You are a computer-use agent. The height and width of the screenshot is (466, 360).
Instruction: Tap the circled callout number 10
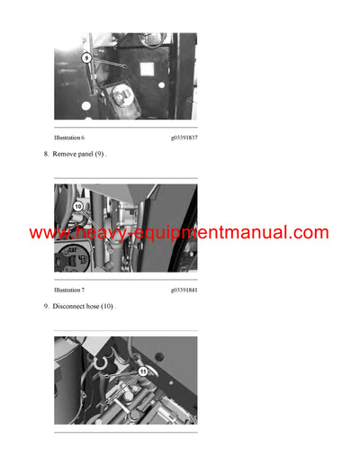pyautogui.click(x=77, y=207)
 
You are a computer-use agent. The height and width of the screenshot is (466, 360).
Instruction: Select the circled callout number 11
pyautogui.click(x=142, y=370)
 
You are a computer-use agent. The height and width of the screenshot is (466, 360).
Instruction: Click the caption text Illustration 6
pyautogui.click(x=69, y=137)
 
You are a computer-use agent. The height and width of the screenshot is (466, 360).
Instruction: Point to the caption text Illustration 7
pyautogui.click(x=69, y=291)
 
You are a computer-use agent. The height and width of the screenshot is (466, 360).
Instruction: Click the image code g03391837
pyautogui.click(x=184, y=137)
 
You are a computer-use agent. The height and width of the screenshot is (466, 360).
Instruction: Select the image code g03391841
pyautogui.click(x=184, y=291)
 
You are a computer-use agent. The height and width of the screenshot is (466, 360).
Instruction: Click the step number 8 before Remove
pyautogui.click(x=46, y=155)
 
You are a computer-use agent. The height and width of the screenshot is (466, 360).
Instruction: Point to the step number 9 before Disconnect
pyautogui.click(x=46, y=308)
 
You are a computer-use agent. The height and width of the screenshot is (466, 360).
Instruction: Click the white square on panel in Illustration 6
pyautogui.click(x=85, y=105)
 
